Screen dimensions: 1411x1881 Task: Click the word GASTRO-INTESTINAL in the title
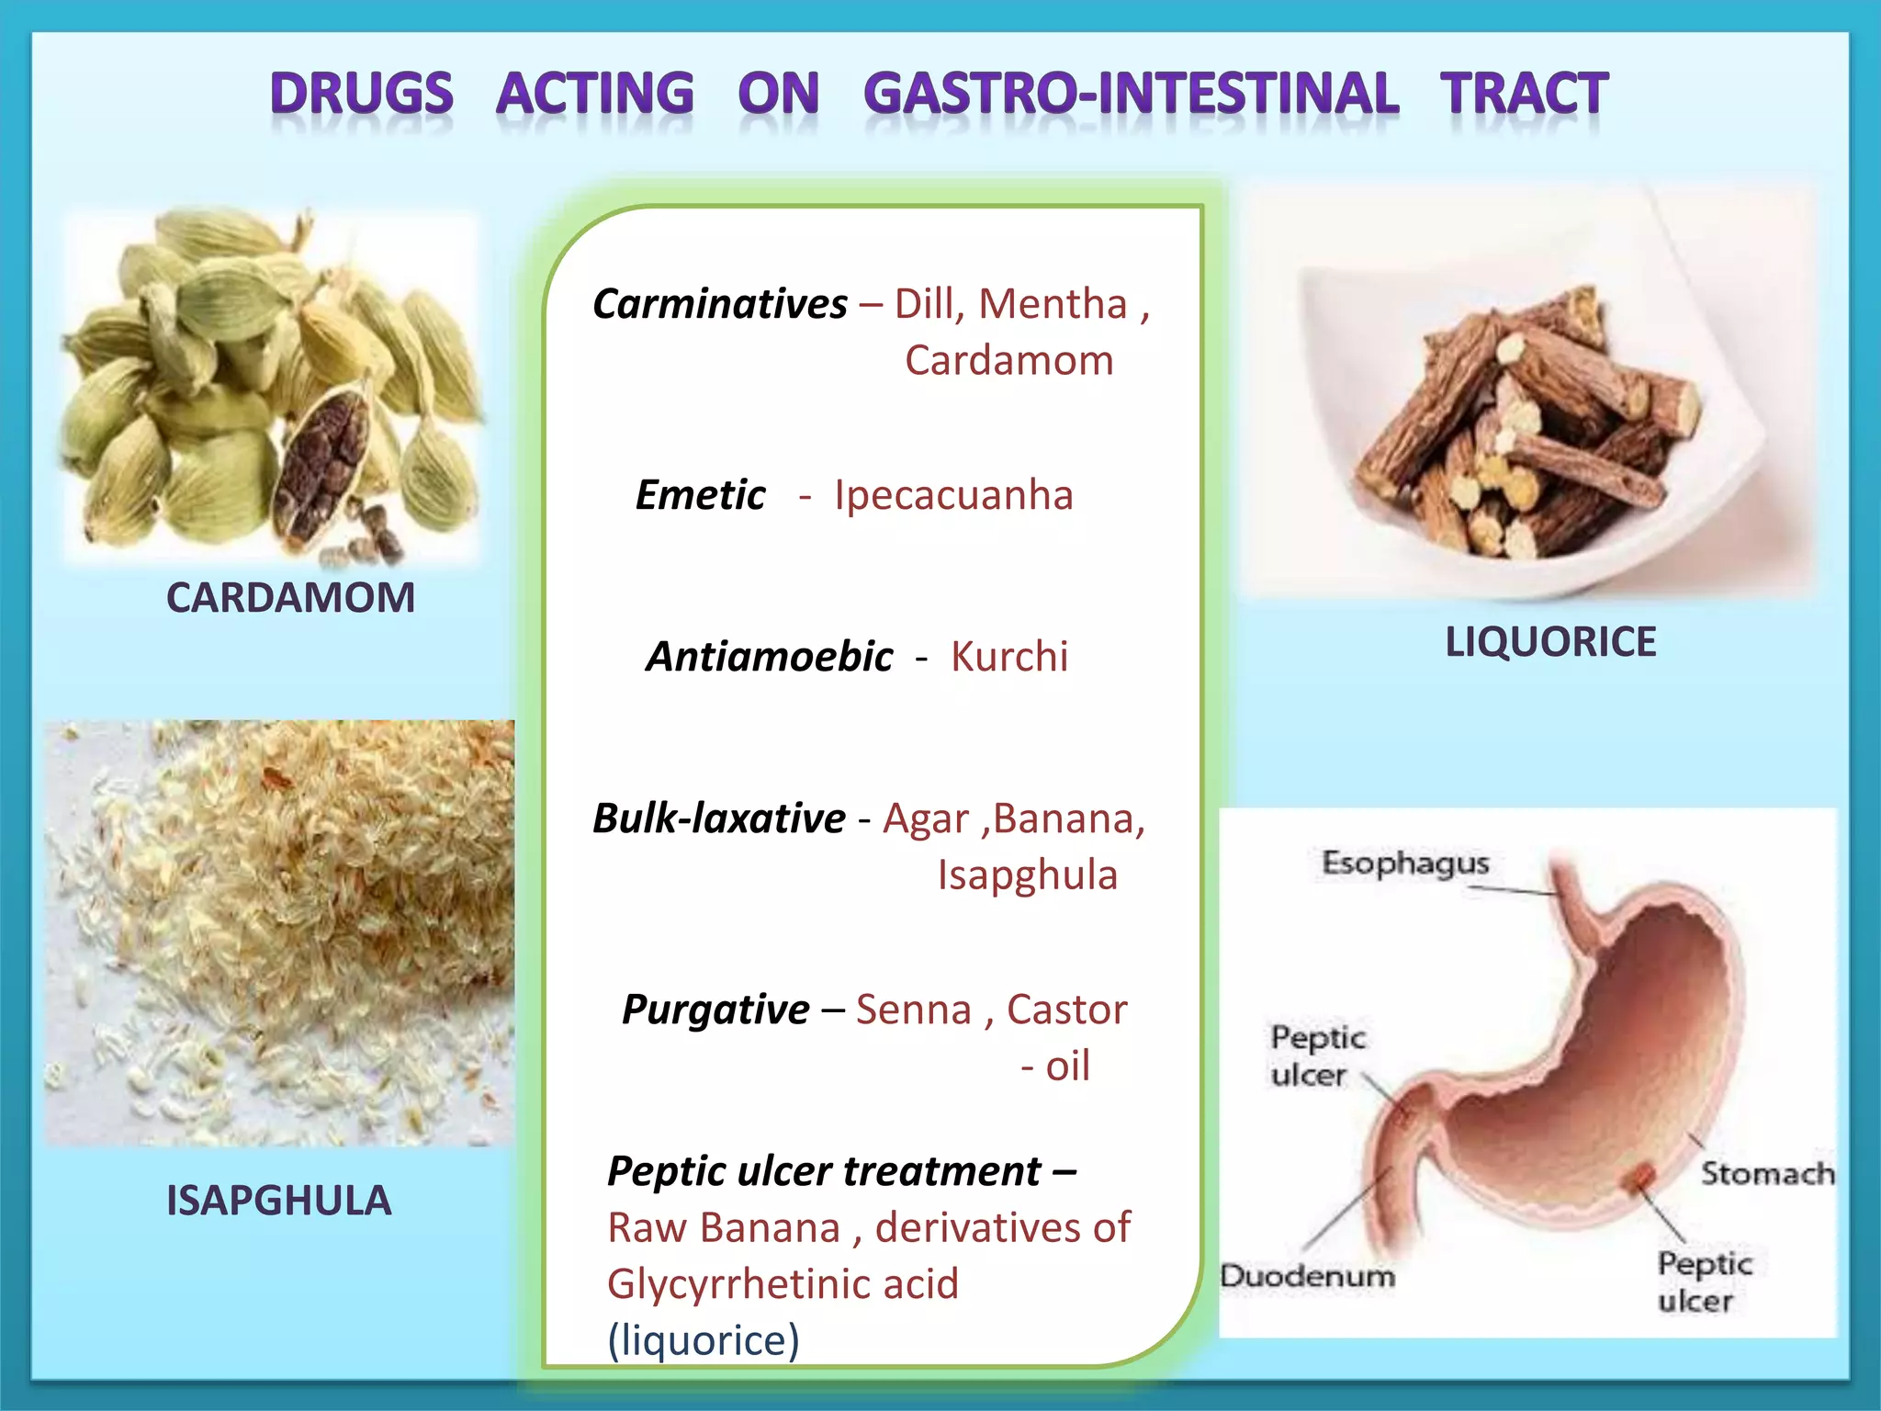(x=1131, y=95)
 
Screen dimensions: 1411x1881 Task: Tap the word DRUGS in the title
(x=362, y=95)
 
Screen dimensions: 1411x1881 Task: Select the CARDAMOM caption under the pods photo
(x=290, y=598)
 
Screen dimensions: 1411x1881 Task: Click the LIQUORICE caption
(x=1550, y=642)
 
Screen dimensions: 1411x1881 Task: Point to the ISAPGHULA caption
(x=278, y=1201)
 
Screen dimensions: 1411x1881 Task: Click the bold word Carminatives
(x=719, y=304)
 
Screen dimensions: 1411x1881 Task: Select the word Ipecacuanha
(x=952, y=495)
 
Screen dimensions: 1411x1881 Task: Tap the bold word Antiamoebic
(x=769, y=657)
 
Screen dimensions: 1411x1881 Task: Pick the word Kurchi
(x=1008, y=657)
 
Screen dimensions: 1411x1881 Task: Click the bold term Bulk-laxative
(x=718, y=818)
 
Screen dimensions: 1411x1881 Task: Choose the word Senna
(x=913, y=1010)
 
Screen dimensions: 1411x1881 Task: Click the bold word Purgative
(x=715, y=1010)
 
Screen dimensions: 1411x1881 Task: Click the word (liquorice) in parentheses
(x=704, y=1340)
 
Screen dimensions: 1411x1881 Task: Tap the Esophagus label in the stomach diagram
(x=1404, y=863)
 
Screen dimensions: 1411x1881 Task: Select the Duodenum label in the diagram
(x=1306, y=1276)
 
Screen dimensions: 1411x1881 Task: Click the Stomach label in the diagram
(x=1767, y=1173)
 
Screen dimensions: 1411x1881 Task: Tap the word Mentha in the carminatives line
(x=1053, y=304)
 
